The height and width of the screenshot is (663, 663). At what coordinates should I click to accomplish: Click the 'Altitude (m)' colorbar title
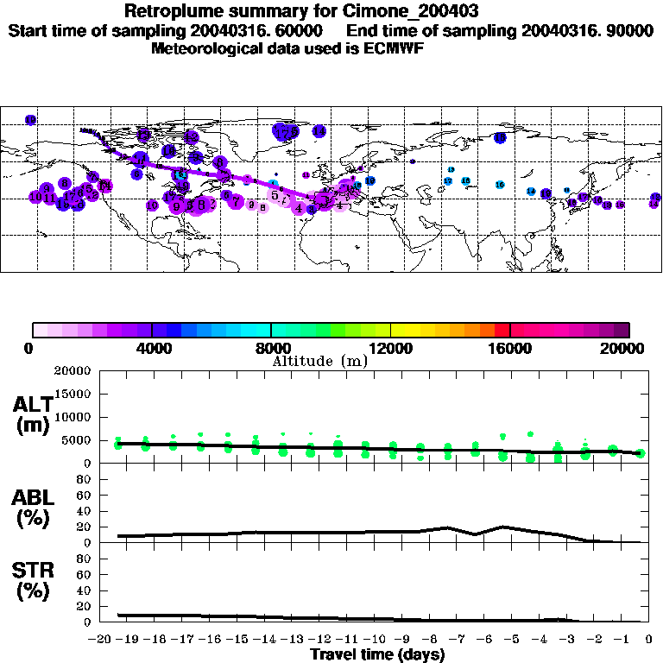[320, 361]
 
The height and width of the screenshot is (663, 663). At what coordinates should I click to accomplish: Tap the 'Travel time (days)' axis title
[377, 654]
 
